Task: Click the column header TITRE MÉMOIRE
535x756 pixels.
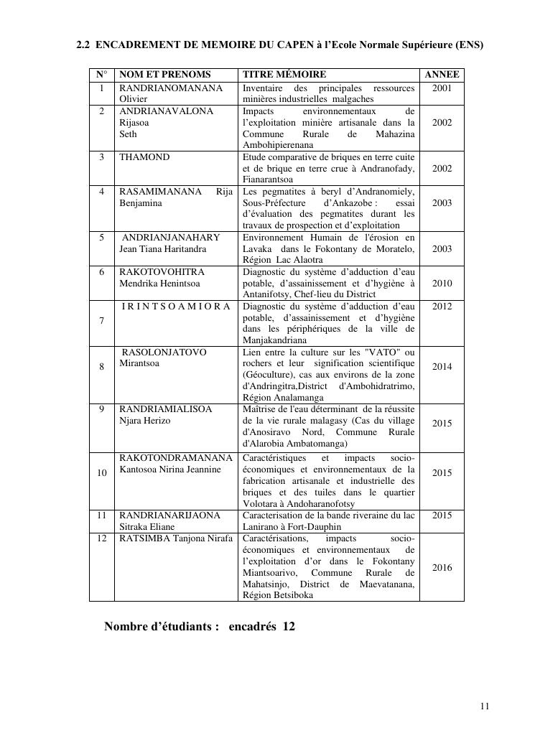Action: pos(284,75)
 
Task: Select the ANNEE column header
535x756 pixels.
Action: pos(442,75)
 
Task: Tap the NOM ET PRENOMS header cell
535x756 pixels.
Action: pos(165,75)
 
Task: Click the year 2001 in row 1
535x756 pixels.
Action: pos(442,88)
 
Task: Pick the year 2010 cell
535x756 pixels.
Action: pos(442,284)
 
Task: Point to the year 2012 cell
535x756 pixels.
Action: pos(442,307)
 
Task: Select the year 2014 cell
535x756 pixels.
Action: pos(442,367)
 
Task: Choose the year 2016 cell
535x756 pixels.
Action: pos(442,568)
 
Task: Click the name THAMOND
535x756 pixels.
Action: pos(144,157)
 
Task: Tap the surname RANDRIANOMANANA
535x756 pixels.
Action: pos(171,88)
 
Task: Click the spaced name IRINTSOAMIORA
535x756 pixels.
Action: pos(176,307)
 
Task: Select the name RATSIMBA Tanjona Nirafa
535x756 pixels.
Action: pos(176,538)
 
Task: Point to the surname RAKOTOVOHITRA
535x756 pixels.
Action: pos(162,272)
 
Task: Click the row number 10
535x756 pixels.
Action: pos(102,473)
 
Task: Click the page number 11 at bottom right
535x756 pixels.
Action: pos(485,706)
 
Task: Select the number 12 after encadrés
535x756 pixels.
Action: pos(289,627)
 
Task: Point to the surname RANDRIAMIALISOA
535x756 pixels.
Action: pos(166,409)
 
